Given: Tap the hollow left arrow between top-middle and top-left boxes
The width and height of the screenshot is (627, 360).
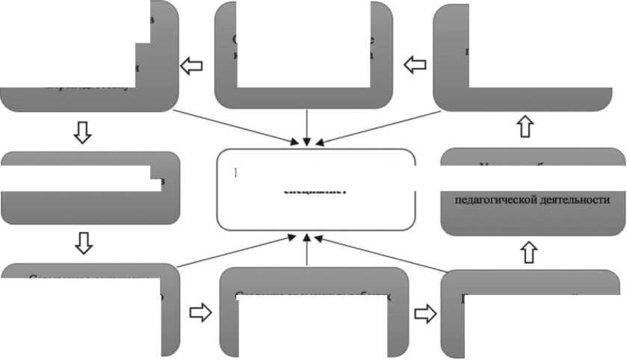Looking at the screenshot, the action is [194, 65].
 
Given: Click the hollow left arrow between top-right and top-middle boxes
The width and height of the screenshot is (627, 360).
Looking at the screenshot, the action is [414, 65].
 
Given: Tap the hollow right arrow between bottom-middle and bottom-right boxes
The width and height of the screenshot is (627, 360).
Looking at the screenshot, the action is [424, 313].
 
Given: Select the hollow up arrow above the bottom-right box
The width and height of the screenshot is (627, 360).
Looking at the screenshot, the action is [529, 252].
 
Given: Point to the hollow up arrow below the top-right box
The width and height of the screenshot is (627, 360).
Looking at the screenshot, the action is [525, 126].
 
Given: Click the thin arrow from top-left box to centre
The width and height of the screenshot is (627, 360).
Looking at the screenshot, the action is [232, 125].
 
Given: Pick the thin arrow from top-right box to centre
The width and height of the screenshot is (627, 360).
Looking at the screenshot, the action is [381, 125].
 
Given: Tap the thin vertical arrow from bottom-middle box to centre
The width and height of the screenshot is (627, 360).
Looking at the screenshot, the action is [307, 250].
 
